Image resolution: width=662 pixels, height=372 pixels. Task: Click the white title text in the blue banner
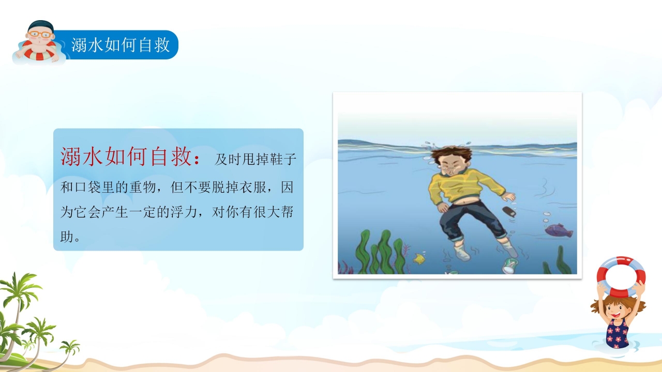(x=121, y=45)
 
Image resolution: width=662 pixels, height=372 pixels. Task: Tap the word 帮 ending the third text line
(x=290, y=213)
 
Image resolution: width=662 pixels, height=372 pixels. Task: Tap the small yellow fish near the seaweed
(x=419, y=258)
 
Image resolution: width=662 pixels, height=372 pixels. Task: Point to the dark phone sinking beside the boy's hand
(x=510, y=212)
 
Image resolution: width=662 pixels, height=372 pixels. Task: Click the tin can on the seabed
(x=509, y=266)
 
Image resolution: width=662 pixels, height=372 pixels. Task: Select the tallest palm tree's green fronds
(x=21, y=287)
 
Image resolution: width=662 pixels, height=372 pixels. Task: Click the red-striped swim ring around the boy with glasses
(x=36, y=52)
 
